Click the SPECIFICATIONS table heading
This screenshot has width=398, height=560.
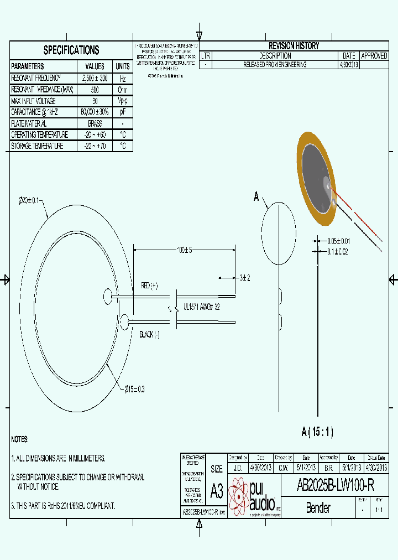click(x=71, y=50)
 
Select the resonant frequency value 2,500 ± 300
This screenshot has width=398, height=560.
click(x=95, y=79)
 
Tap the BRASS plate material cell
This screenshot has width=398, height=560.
click(x=95, y=124)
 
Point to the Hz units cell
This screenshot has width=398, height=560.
click(x=123, y=79)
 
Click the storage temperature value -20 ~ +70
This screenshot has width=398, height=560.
click(x=95, y=146)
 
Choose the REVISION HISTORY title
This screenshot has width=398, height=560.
click(x=294, y=46)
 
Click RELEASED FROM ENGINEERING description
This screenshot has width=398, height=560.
click(x=275, y=65)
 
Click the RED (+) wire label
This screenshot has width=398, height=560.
click(x=149, y=286)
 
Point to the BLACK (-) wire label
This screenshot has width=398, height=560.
click(x=149, y=334)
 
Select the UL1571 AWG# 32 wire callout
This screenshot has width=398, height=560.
click(x=201, y=307)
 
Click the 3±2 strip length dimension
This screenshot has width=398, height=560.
click(x=245, y=278)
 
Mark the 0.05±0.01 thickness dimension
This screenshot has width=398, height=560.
click(x=338, y=241)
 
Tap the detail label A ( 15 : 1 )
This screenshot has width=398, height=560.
click(x=317, y=432)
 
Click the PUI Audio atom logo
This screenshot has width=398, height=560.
click(x=239, y=496)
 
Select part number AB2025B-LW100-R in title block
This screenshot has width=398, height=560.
click(x=336, y=485)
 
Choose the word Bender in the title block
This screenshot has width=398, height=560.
click(x=318, y=507)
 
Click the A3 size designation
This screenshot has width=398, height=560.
click(x=217, y=490)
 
